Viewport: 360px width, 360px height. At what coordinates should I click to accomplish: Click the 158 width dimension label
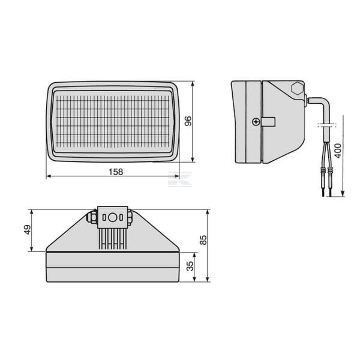115,172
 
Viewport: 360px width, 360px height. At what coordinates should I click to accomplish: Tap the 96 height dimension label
188,121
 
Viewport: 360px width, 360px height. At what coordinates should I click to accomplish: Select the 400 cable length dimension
338,151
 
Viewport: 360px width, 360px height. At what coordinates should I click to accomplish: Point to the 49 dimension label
28,230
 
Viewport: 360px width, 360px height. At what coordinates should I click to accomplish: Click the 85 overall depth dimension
203,240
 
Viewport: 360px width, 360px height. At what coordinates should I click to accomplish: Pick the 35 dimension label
190,266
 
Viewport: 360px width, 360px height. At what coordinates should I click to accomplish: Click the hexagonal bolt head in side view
298,88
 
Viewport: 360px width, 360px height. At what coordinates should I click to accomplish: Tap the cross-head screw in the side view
256,122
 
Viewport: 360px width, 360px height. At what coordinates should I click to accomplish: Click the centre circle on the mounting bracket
112,217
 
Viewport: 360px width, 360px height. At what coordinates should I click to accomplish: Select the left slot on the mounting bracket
104,217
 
